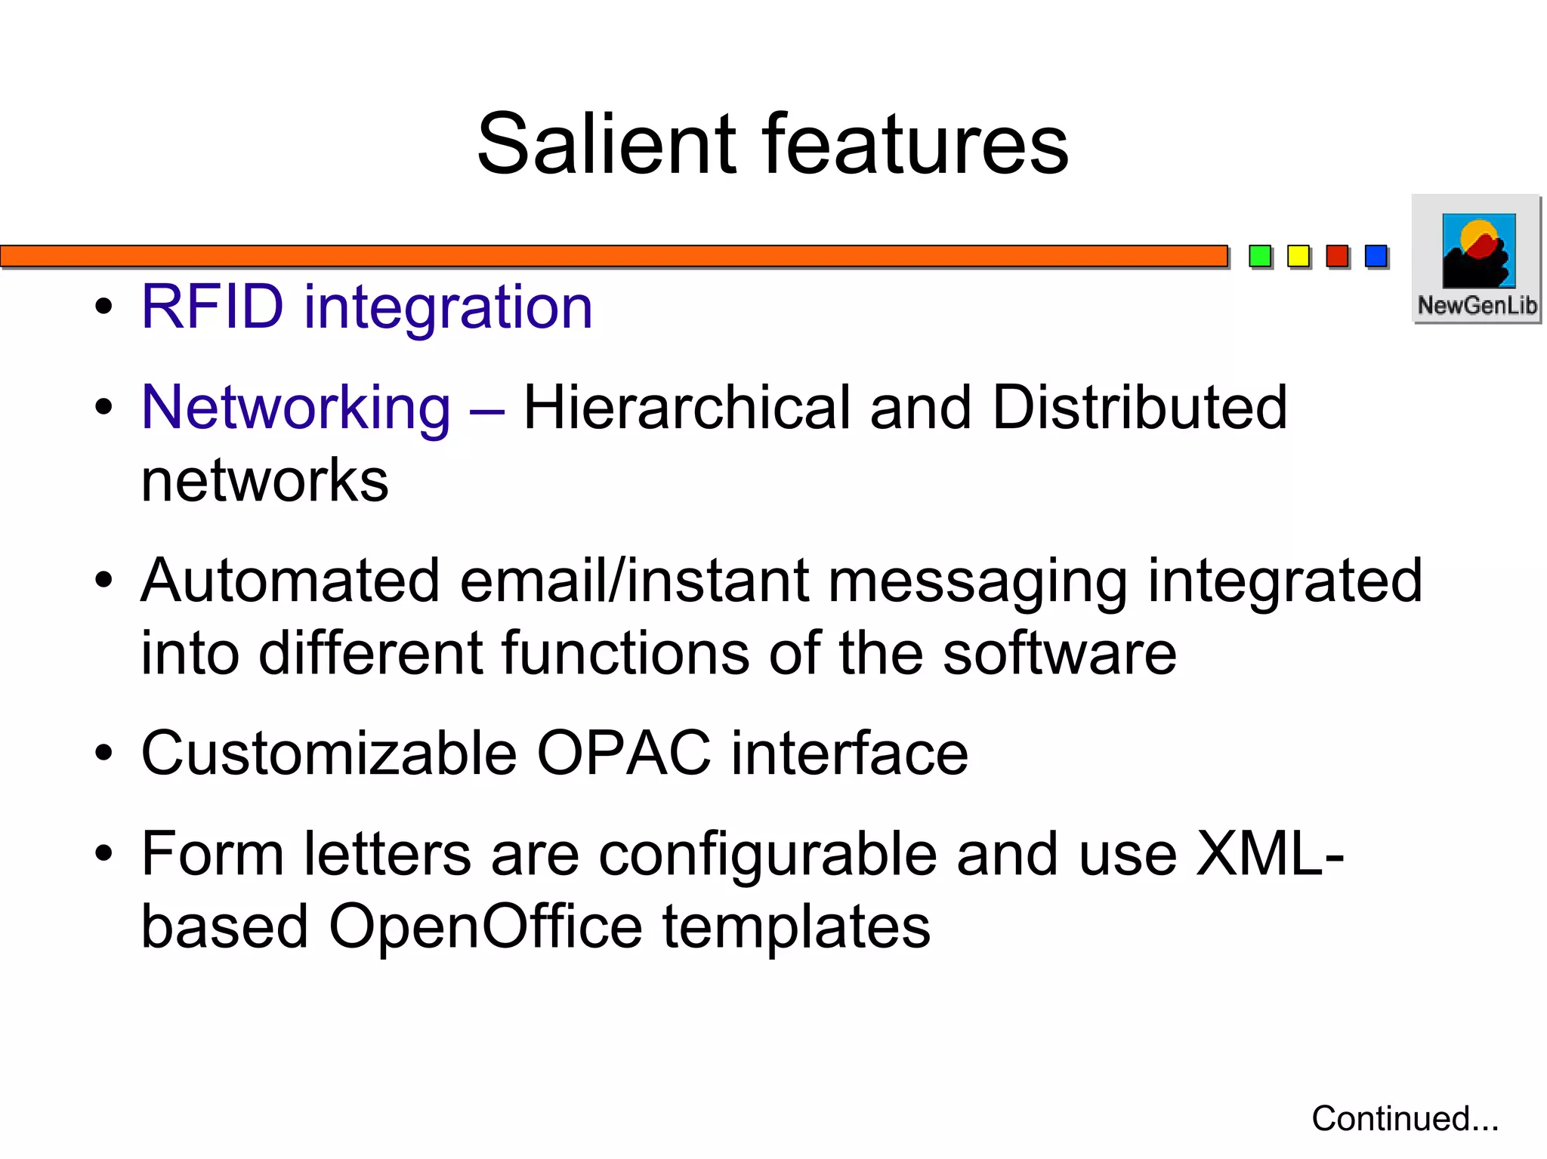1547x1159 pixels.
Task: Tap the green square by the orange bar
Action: (1260, 257)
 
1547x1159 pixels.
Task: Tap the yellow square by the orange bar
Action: (1298, 257)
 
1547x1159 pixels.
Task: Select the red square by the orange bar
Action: (1337, 257)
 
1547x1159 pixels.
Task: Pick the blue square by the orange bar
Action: (1376, 257)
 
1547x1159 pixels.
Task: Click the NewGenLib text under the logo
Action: (1477, 306)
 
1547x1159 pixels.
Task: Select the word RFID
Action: (212, 307)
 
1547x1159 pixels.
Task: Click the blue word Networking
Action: (296, 408)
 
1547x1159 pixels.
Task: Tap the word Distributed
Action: (1139, 408)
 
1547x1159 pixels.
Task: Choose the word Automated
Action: (290, 581)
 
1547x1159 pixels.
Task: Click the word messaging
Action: (977, 582)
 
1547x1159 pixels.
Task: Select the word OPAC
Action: (623, 754)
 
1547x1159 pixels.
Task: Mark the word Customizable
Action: (329, 754)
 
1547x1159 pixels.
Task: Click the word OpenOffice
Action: (485, 927)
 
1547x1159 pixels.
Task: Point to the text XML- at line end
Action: (1269, 854)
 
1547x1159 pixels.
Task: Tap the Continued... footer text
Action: (1405, 1118)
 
